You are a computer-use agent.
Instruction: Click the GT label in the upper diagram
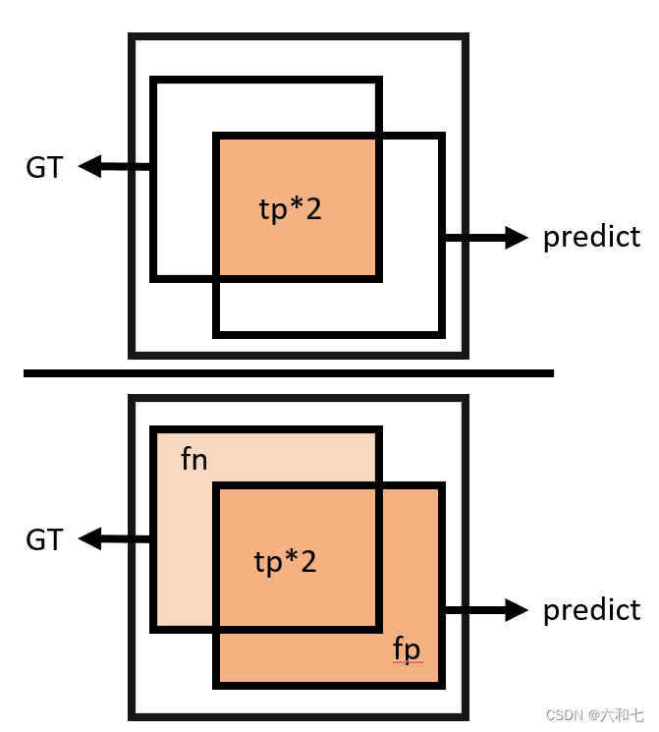(x=44, y=168)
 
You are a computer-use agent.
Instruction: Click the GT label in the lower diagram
(x=44, y=539)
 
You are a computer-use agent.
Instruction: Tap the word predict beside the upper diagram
(x=591, y=237)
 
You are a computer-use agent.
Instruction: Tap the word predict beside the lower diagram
(x=591, y=610)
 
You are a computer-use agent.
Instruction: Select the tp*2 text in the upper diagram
(x=290, y=209)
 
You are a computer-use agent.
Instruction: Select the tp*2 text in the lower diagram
(x=286, y=562)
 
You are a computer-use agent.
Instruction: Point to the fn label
(x=194, y=459)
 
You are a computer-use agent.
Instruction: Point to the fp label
(x=407, y=648)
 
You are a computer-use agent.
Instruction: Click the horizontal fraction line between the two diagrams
(x=289, y=373)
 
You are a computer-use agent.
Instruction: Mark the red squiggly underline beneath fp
(x=408, y=663)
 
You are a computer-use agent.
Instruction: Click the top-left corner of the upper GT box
(x=154, y=81)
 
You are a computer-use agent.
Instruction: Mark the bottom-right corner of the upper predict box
(x=440, y=333)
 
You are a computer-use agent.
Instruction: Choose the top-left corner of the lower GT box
(x=154, y=430)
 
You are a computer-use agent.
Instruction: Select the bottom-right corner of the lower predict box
(x=441, y=683)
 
